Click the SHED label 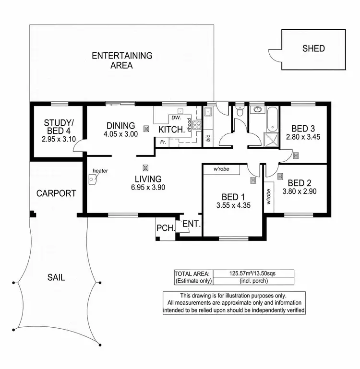(x=313, y=48)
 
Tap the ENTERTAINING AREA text (x=122, y=60)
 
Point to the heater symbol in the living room (x=93, y=179)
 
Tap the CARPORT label (x=56, y=193)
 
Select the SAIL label (x=56, y=277)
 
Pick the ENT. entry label (x=191, y=224)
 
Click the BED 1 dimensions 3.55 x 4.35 (x=233, y=205)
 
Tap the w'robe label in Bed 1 (x=224, y=169)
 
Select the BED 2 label (x=300, y=182)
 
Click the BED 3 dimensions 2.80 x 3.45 (x=302, y=137)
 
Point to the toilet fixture (x=240, y=112)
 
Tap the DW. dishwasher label (x=176, y=117)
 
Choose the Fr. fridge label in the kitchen (x=164, y=142)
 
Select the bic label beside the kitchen (x=208, y=137)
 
